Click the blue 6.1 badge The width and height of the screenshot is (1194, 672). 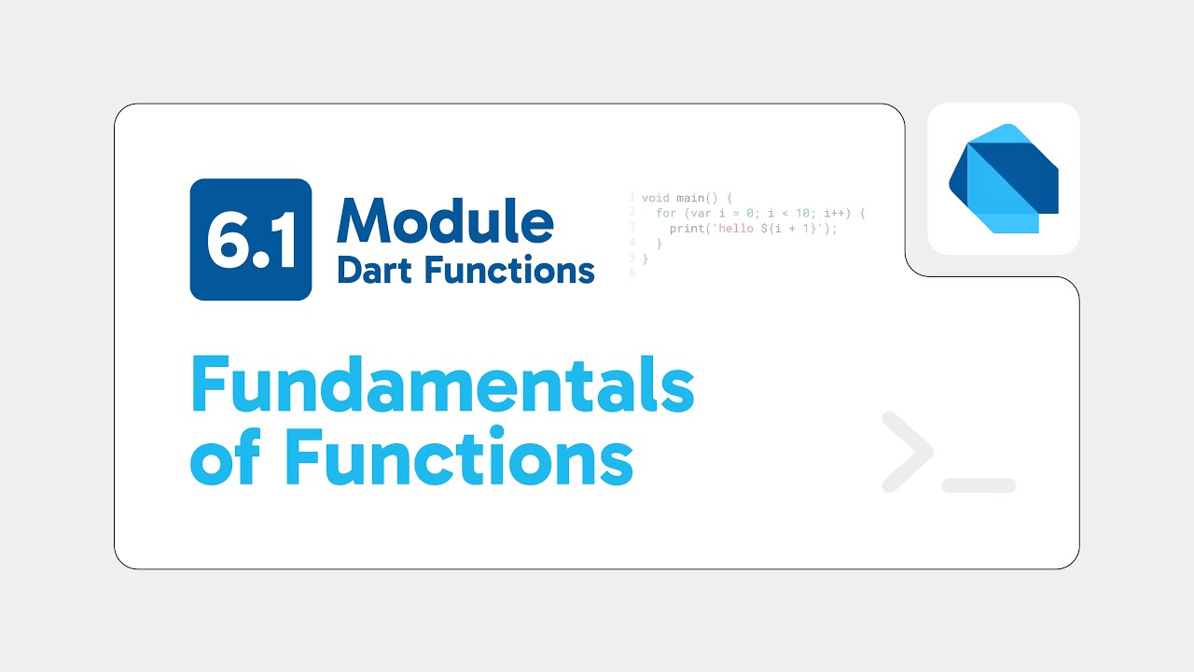250,240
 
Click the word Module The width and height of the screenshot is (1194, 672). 445,221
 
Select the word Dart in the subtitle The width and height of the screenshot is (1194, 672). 376,270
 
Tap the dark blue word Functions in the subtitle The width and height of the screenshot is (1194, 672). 509,270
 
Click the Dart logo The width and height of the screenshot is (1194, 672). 1004,178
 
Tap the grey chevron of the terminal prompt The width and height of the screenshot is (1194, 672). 908,452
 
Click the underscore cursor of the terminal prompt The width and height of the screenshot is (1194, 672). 979,485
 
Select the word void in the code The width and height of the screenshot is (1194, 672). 656,198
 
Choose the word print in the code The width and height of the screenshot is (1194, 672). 687,229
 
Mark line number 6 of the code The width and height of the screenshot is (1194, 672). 632,273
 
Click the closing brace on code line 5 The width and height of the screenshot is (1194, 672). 645,259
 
